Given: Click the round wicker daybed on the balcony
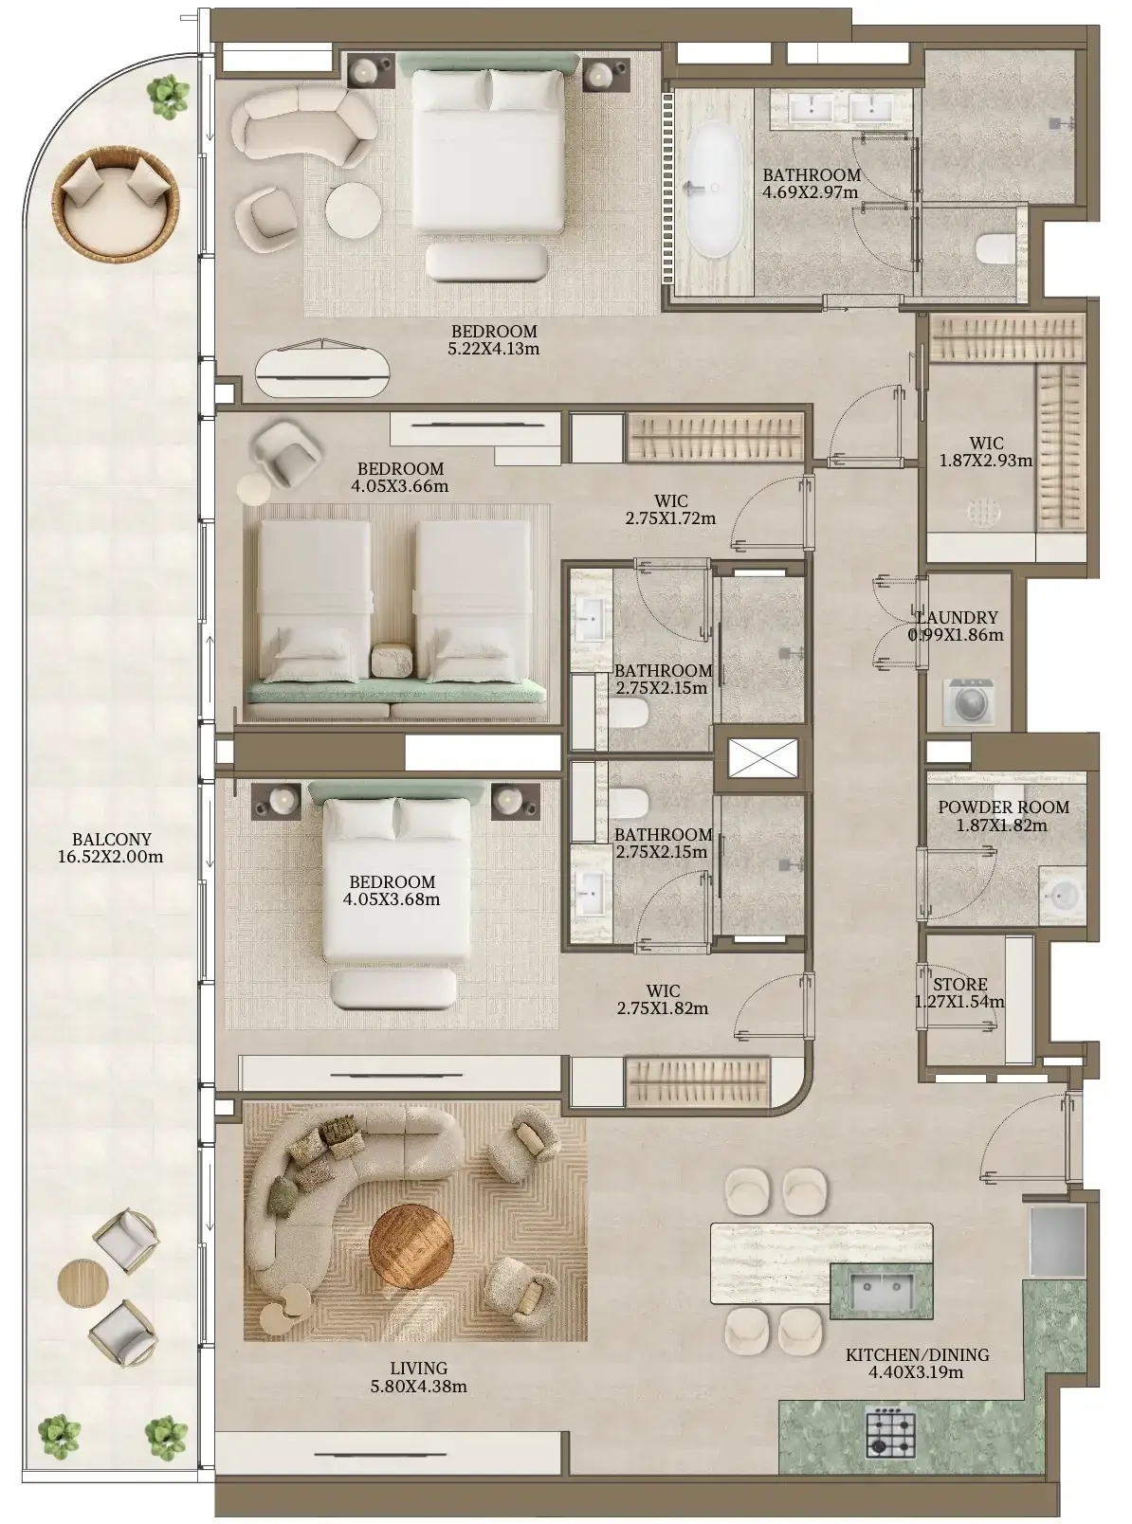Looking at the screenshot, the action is click(x=116, y=203).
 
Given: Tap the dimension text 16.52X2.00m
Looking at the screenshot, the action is click(x=111, y=857).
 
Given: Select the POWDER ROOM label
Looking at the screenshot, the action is click(x=1003, y=807).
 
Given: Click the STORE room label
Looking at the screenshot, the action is click(x=960, y=984).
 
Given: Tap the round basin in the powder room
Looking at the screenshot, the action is click(x=1062, y=895).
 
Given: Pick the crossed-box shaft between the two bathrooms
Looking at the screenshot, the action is click(x=762, y=758).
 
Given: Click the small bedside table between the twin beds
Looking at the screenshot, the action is click(x=392, y=660).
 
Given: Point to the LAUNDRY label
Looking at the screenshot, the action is click(x=956, y=617).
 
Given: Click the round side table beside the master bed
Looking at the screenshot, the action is click(x=354, y=210).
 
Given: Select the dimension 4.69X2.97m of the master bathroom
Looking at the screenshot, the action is click(x=811, y=192).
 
